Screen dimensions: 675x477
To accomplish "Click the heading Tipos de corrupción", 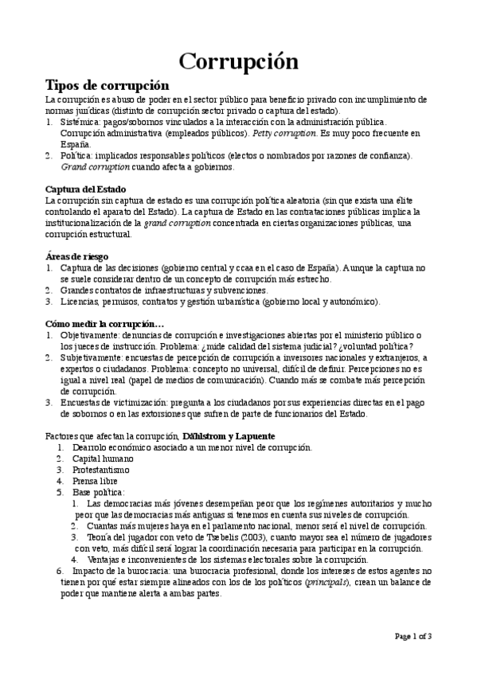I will pos(108,85).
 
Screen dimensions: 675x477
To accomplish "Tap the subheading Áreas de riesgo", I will pos(76,256).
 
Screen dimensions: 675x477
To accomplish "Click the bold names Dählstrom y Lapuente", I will pos(229,437).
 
